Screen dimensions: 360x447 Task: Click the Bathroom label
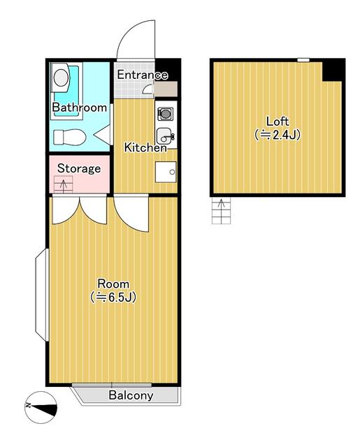[x=79, y=108]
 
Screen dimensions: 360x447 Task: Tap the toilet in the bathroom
[x=70, y=137]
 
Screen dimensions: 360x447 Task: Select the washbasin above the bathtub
[x=61, y=78]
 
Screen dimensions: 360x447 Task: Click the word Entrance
[x=143, y=75]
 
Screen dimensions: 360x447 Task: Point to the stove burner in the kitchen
[x=165, y=114]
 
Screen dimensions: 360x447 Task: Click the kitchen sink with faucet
[x=165, y=135]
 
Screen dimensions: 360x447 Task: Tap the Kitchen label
[x=145, y=147]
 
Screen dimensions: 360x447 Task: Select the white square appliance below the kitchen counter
[x=166, y=172]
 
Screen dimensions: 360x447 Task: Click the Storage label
[x=79, y=168]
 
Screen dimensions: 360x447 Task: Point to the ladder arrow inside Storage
[x=64, y=184]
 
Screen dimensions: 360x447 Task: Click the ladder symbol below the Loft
[x=221, y=211]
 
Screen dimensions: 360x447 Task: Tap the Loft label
[x=278, y=122]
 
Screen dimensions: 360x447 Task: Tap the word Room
[x=113, y=284]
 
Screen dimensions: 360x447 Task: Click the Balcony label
[x=131, y=395]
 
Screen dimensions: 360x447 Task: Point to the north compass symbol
[x=41, y=407]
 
